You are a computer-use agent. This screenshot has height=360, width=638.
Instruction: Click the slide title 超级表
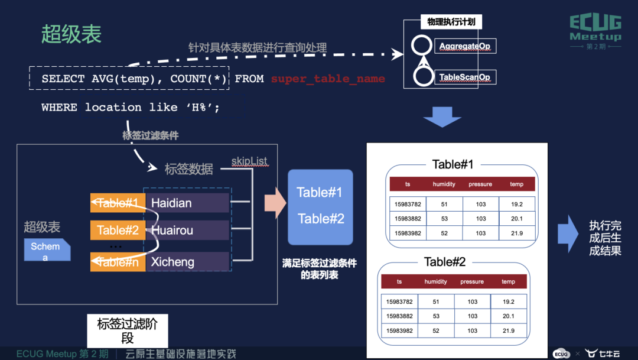tap(71, 34)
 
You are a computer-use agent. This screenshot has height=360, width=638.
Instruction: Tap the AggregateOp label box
tap(464, 46)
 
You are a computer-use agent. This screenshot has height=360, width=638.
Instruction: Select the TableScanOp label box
tap(464, 77)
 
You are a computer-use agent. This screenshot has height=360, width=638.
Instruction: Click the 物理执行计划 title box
tap(451, 22)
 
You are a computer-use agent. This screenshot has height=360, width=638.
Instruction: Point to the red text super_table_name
tap(328, 79)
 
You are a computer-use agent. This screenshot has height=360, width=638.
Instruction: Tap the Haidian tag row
tap(187, 203)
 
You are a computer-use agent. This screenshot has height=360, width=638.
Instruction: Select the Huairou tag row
tap(187, 230)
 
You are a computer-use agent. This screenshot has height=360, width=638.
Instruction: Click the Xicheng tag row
tap(187, 262)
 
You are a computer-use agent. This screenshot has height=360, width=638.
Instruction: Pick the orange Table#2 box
tap(117, 230)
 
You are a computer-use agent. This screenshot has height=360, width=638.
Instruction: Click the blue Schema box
tap(46, 251)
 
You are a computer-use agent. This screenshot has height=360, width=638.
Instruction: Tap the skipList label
tap(249, 161)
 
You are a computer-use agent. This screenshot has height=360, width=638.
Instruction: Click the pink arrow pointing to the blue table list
tap(276, 205)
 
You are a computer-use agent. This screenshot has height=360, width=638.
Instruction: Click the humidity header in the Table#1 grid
tap(444, 184)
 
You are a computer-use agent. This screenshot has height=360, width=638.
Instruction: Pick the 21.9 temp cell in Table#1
tap(516, 233)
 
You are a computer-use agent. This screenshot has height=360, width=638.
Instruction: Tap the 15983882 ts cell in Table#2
tap(399, 316)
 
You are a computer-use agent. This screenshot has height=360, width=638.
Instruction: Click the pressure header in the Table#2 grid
tap(472, 281)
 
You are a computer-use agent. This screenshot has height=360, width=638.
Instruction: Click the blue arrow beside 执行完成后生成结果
tap(568, 234)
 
